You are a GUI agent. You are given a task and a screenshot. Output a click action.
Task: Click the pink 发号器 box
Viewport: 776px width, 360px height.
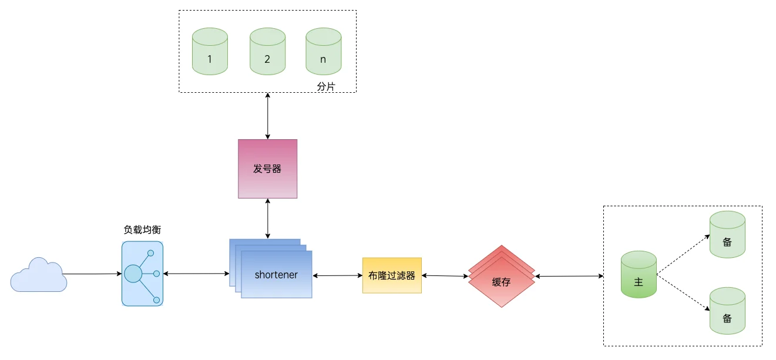pyautogui.click(x=267, y=169)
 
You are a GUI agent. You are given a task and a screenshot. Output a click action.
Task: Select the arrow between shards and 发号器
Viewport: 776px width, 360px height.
pyautogui.click(x=268, y=116)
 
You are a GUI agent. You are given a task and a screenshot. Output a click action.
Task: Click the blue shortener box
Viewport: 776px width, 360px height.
pyautogui.click(x=276, y=275)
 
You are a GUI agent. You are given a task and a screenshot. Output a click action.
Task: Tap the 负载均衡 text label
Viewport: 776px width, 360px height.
pyautogui.click(x=142, y=230)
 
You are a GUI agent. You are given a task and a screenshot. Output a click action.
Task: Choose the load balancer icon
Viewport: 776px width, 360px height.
pyautogui.click(x=142, y=274)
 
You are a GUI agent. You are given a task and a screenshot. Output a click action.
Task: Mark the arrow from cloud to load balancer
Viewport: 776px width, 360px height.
pyautogui.click(x=92, y=274)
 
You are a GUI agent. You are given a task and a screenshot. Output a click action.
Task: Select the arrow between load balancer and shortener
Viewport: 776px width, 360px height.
pyautogui.click(x=196, y=274)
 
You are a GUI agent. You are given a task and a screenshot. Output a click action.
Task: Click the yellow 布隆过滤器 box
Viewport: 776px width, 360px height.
pyautogui.click(x=392, y=275)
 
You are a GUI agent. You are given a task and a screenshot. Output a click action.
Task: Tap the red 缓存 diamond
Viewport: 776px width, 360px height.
pyautogui.click(x=502, y=281)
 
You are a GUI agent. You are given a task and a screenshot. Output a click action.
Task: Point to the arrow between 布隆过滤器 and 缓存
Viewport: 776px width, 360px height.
pyautogui.click(x=445, y=275)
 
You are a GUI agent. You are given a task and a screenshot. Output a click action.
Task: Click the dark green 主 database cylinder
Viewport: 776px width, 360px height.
pyautogui.click(x=639, y=275)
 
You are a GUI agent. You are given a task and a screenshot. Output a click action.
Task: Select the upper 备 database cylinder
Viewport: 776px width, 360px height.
pyautogui.click(x=727, y=234)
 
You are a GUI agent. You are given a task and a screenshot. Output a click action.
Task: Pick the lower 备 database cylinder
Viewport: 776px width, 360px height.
pyautogui.click(x=727, y=311)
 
